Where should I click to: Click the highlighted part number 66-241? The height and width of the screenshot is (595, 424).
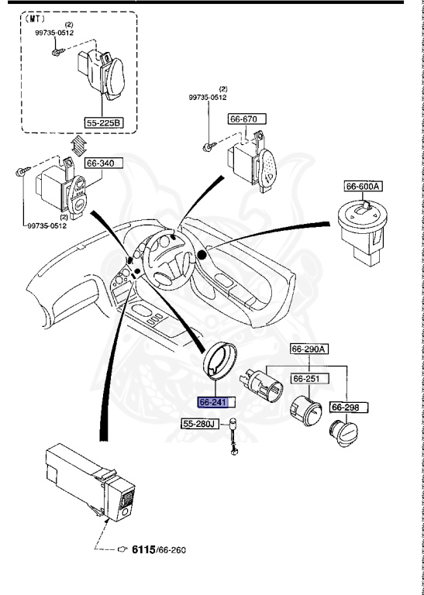212,403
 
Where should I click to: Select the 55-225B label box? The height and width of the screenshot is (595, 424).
104,123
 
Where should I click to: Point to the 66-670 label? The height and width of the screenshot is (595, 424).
246,119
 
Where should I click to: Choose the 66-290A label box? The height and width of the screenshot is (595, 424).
309,349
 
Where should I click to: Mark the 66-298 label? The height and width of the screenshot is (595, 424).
349,407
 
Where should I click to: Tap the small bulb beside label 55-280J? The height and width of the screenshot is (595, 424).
232,447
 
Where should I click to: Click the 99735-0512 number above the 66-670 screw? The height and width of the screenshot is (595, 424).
208,98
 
